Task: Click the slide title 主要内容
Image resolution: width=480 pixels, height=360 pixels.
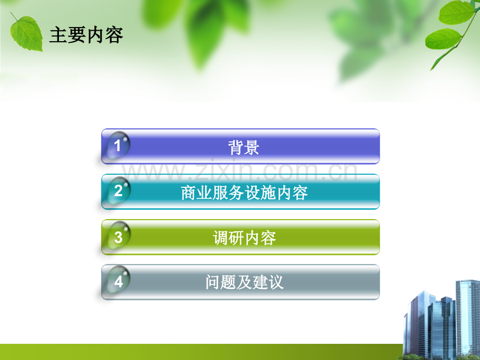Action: pyautogui.click(x=86, y=35)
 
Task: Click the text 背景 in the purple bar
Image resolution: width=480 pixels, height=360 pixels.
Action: pyautogui.click(x=244, y=147)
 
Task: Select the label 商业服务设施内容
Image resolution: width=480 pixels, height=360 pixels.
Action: pyautogui.click(x=244, y=193)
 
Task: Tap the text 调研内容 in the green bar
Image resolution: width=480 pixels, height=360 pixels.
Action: pyautogui.click(x=244, y=238)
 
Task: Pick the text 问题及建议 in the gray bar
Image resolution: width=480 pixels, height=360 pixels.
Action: pyautogui.click(x=244, y=283)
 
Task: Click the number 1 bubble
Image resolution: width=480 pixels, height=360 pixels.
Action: pyautogui.click(x=117, y=146)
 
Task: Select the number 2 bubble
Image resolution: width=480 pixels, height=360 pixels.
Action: pyautogui.click(x=118, y=191)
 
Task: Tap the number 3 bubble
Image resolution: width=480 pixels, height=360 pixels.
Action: pyautogui.click(x=118, y=237)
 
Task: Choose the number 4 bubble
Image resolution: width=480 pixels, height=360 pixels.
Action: pyautogui.click(x=118, y=282)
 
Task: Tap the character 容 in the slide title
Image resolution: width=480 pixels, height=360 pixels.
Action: pyautogui.click(x=114, y=35)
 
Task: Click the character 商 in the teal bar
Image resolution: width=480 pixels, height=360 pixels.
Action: pyautogui.click(x=188, y=193)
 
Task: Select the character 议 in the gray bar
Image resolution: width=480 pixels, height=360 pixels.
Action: pyautogui.click(x=275, y=283)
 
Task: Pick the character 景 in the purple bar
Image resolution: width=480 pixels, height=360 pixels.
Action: pyautogui.click(x=251, y=147)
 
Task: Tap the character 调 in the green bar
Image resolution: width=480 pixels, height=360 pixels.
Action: pyautogui.click(x=221, y=238)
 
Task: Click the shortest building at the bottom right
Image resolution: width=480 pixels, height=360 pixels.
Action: pyautogui.click(x=412, y=334)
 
